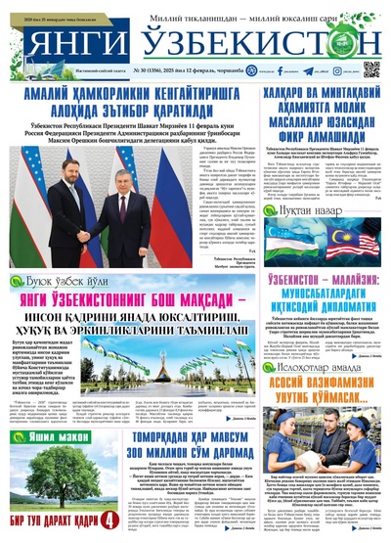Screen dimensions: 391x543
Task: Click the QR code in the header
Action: pos(372,68)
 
